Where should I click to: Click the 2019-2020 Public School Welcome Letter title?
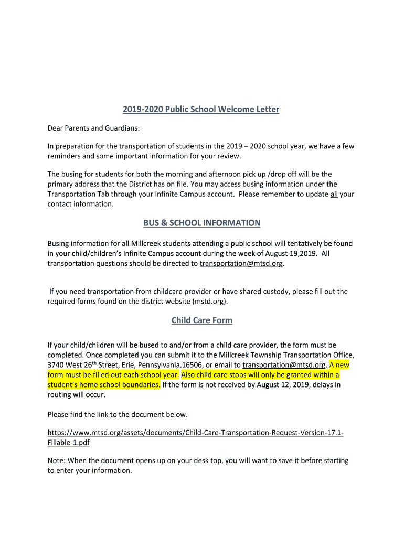pos(201,110)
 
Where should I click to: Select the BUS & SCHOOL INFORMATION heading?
pos(201,223)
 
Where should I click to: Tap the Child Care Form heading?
pos(201,320)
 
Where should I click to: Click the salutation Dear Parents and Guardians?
pos(94,128)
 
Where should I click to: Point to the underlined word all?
pos(334,194)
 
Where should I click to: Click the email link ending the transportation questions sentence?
pos(241,264)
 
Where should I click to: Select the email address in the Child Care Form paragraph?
pos(284,365)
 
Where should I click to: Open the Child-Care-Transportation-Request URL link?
pos(195,433)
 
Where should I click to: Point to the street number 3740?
pos(57,365)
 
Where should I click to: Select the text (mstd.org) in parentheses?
pos(210,302)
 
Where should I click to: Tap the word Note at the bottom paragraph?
pos(57,461)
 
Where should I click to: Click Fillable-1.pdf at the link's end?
pos(69,443)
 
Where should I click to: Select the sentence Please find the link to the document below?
pos(118,414)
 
